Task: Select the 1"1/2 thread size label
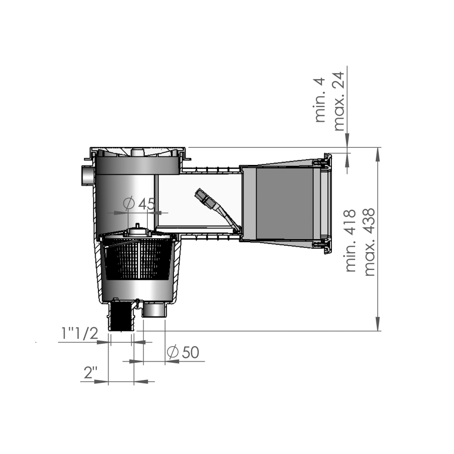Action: point(79,333)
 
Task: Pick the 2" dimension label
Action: point(91,373)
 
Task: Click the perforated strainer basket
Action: point(138,259)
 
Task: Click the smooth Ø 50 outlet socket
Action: point(154,309)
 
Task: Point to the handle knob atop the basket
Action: point(137,230)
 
